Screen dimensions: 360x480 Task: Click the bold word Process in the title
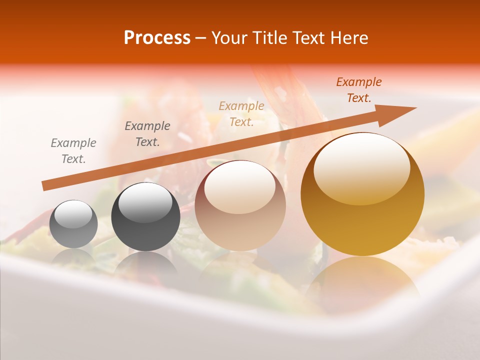(157, 38)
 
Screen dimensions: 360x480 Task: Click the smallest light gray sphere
(73, 224)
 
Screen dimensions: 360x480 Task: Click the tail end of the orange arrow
(45, 185)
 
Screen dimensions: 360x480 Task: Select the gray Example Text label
(73, 150)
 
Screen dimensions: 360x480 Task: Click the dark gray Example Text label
(147, 133)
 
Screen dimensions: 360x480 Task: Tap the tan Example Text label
(241, 113)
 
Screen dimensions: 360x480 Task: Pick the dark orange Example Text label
(359, 90)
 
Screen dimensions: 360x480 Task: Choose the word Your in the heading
(229, 38)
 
